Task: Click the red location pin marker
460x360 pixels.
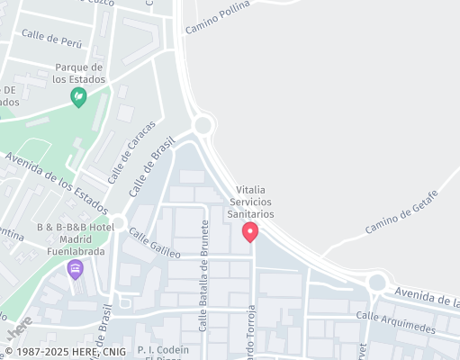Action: (250, 232)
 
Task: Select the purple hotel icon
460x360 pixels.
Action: (76, 268)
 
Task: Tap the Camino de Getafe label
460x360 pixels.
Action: (401, 212)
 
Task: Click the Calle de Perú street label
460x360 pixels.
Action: (51, 39)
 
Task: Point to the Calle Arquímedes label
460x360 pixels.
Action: (395, 322)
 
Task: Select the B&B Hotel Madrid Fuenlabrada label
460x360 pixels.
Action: (76, 239)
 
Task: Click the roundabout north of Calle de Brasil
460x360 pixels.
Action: (202, 124)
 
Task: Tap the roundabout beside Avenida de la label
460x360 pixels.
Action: (377, 283)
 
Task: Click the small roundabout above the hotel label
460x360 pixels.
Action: (119, 222)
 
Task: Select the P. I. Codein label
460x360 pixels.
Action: (163, 349)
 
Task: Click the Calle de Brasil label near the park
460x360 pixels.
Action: (150, 172)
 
